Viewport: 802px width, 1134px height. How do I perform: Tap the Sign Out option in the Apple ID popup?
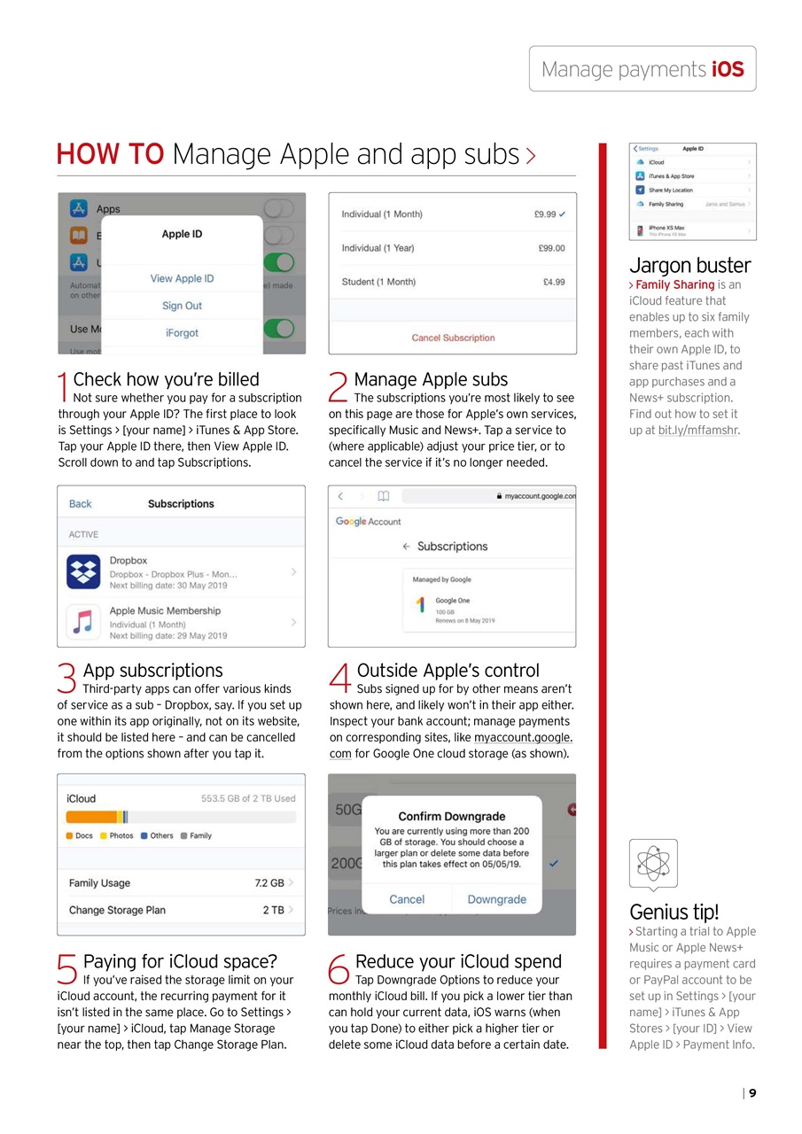pyautogui.click(x=182, y=306)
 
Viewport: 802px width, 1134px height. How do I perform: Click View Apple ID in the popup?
pyautogui.click(x=182, y=278)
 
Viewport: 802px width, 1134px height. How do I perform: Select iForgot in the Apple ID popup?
pyautogui.click(x=182, y=333)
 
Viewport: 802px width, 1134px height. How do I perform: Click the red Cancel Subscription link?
pyautogui.click(x=453, y=338)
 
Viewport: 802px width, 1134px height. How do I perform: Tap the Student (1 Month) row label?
pyautogui.click(x=378, y=282)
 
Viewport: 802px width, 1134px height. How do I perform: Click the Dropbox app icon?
pyautogui.click(x=83, y=572)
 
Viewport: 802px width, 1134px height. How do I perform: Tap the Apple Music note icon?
pyautogui.click(x=83, y=622)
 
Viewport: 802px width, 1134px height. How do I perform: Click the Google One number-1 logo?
pyautogui.click(x=420, y=605)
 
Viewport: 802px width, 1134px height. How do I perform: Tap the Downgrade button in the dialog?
pyautogui.click(x=496, y=899)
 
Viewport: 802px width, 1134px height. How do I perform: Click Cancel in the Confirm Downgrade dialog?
pyautogui.click(x=407, y=899)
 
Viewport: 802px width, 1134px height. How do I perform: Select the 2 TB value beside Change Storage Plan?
pyautogui.click(x=273, y=910)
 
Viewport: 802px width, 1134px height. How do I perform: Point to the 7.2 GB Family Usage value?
pyautogui.click(x=269, y=883)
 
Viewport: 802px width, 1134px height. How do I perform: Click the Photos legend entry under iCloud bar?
pyautogui.click(x=116, y=835)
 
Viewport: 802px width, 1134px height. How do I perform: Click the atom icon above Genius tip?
pyautogui.click(x=653, y=863)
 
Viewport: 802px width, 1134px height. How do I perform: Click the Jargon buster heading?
pyautogui.click(x=689, y=265)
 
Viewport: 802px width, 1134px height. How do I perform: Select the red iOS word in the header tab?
pyautogui.click(x=728, y=69)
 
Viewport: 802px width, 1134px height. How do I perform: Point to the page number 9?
pyautogui.click(x=752, y=1093)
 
